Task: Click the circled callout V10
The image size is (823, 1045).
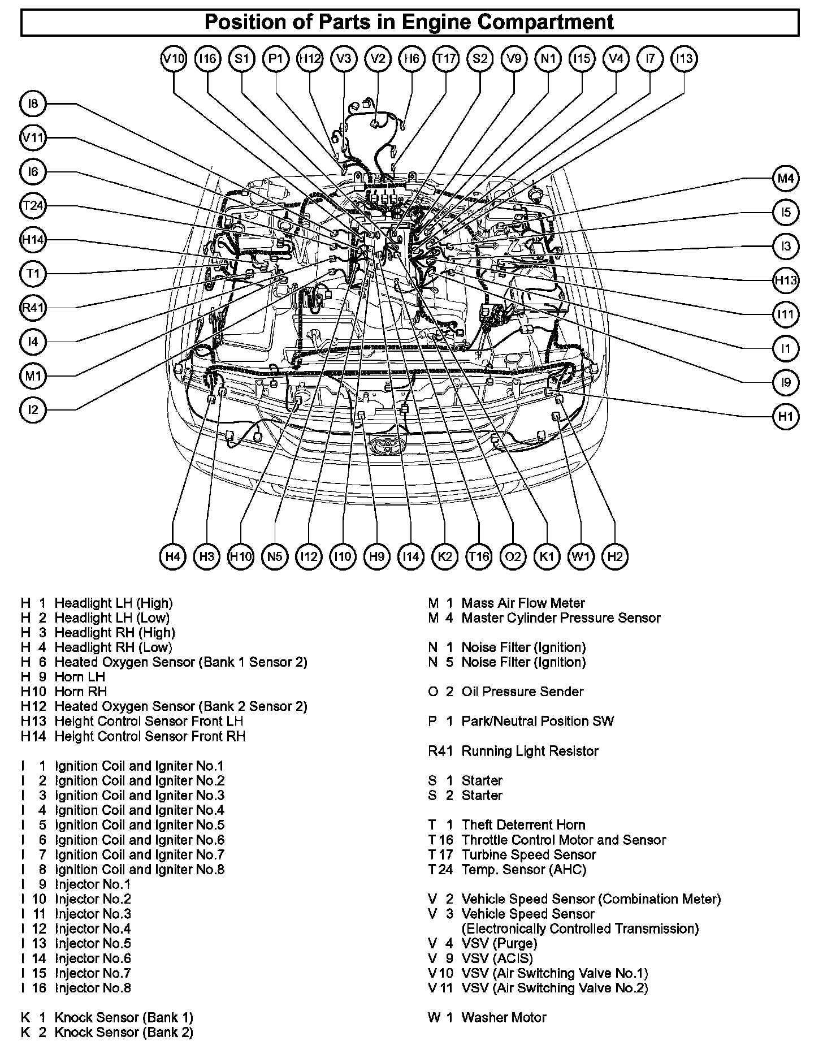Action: click(174, 59)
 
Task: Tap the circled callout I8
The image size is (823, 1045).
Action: click(33, 103)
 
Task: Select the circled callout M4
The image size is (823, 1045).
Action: click(786, 179)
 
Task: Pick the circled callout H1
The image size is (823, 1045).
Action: click(786, 417)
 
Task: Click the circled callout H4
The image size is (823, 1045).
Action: click(173, 556)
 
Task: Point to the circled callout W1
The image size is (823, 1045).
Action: click(581, 556)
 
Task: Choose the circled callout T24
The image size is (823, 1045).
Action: click(33, 206)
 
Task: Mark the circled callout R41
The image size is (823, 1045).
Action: click(33, 308)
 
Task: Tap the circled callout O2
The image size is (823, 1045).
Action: click(513, 556)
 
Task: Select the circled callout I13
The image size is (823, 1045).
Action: click(685, 59)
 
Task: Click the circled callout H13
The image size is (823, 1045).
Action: click(786, 280)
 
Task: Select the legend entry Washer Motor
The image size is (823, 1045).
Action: click(504, 1018)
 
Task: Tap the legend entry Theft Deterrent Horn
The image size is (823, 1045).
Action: click(523, 824)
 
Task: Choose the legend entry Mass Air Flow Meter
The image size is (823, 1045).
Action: click(523, 603)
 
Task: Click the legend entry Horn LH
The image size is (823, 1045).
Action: click(80, 677)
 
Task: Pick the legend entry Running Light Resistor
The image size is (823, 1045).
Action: click(530, 751)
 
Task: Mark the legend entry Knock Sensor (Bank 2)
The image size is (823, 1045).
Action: click(124, 1033)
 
